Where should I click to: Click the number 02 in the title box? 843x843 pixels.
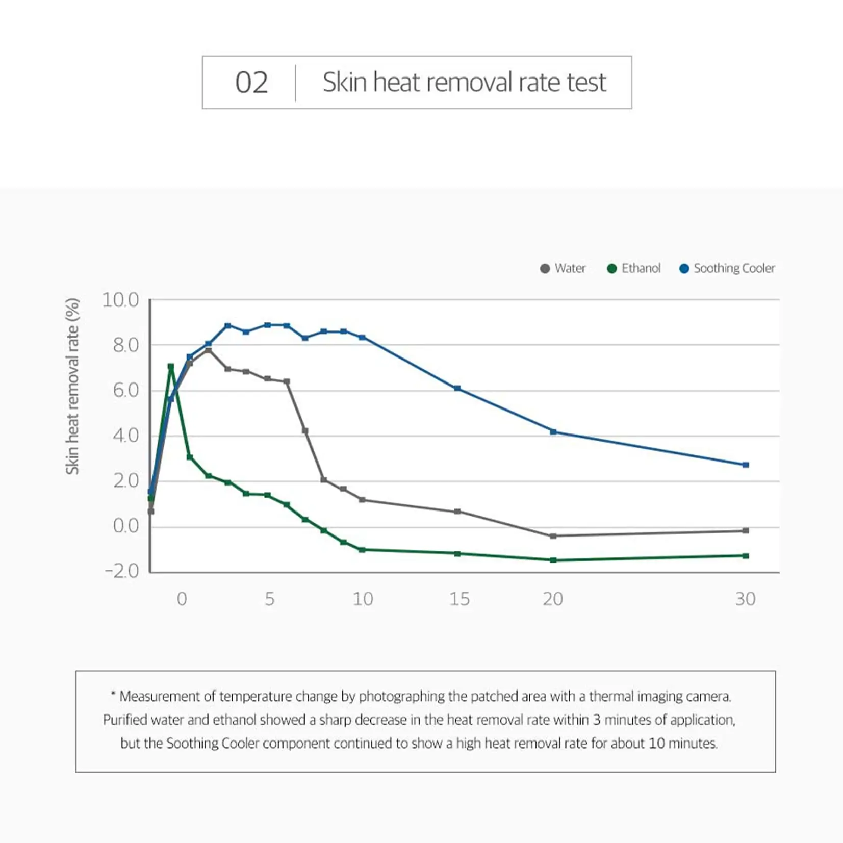pos(251,83)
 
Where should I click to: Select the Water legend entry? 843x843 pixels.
pos(563,268)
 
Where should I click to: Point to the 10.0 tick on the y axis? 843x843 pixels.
pos(120,300)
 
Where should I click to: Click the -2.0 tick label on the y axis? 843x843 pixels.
pos(121,571)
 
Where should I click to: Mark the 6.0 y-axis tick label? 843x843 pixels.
pos(125,391)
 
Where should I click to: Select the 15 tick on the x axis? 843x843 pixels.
pos(459,599)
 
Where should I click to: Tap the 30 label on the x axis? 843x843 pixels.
pos(745,599)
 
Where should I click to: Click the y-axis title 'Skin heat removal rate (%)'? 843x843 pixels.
pos(72,386)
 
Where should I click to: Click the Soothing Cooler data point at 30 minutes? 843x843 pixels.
pos(746,465)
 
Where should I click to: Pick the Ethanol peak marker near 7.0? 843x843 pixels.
pos(171,366)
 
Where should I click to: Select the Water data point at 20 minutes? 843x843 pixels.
pos(553,536)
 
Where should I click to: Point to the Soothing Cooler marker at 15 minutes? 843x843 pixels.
pos(457,389)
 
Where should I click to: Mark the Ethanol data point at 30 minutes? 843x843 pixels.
pos(746,556)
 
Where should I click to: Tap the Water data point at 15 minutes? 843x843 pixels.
pos(457,512)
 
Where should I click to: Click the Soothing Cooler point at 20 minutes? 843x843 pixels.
pos(553,432)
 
